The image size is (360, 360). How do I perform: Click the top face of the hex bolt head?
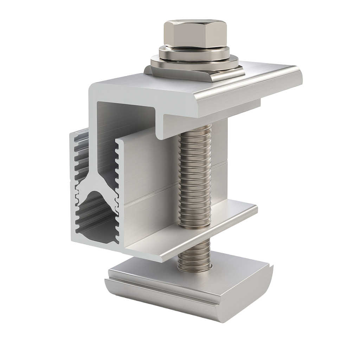point(195,24)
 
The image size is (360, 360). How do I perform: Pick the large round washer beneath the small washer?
point(194,64)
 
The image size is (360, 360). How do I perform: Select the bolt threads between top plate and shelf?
point(195,169)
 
